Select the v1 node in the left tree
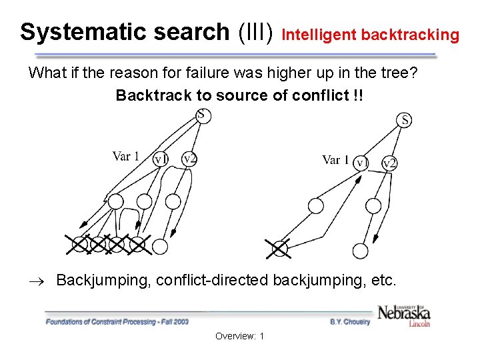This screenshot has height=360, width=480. (x=161, y=159)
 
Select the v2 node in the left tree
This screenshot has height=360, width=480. (x=190, y=159)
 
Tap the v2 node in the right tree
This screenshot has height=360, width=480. (x=389, y=163)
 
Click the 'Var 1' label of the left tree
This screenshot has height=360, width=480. (x=126, y=157)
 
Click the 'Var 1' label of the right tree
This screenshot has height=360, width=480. (x=335, y=160)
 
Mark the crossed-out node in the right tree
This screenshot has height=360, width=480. (x=279, y=249)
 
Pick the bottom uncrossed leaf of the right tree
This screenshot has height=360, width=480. (x=360, y=251)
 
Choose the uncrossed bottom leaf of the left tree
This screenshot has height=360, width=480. (x=160, y=247)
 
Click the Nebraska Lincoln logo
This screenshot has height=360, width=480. (x=403, y=315)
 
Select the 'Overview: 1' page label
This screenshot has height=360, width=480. (x=239, y=336)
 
